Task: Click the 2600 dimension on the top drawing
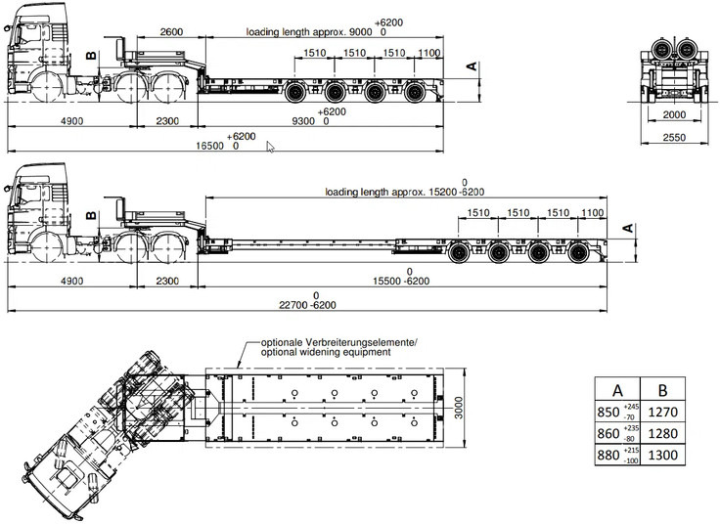(x=170, y=31)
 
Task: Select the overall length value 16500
(x=212, y=145)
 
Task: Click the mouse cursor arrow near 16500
(x=271, y=147)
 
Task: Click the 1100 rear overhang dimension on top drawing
(x=427, y=52)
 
